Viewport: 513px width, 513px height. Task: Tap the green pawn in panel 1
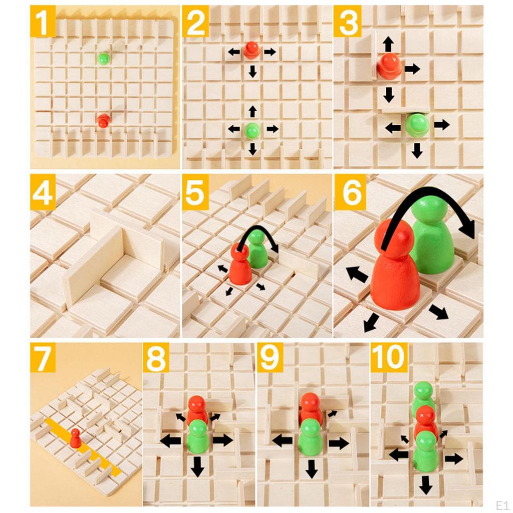(x=104, y=59)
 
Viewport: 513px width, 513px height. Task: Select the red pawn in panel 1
(x=104, y=120)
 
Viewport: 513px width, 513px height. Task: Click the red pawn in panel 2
(x=251, y=50)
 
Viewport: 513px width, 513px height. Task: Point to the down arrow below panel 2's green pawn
(x=252, y=149)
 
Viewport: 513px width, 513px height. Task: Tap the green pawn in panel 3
(x=417, y=125)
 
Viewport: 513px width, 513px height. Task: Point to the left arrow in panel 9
(x=283, y=441)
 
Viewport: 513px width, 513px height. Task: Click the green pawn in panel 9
(x=311, y=437)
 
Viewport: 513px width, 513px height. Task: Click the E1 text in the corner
(x=502, y=504)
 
